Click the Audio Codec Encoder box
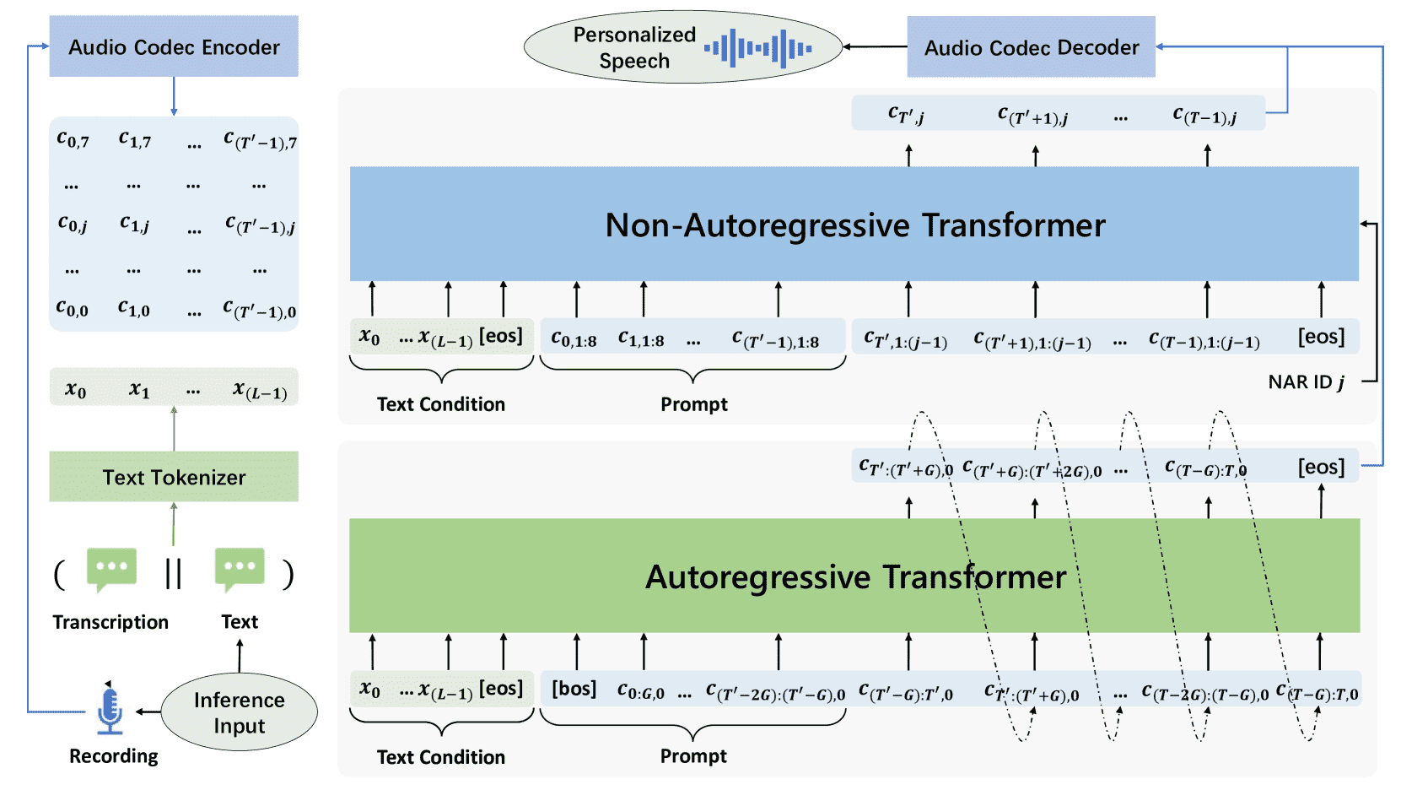(174, 46)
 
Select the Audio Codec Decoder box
(1031, 47)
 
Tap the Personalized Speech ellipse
(683, 47)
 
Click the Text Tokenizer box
(174, 477)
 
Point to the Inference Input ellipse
(239, 712)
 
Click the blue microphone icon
(110, 711)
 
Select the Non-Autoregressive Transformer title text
(855, 225)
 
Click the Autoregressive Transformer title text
(855, 576)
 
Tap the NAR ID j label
(1306, 381)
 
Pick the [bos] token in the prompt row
(574, 689)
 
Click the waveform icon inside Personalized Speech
(758, 48)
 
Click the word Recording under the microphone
(113, 756)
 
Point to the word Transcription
(110, 622)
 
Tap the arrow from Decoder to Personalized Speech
(875, 46)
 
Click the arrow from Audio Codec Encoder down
(174, 96)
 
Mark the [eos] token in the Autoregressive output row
(1321, 467)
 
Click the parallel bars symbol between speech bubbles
(173, 573)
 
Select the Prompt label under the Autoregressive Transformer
(693, 756)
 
